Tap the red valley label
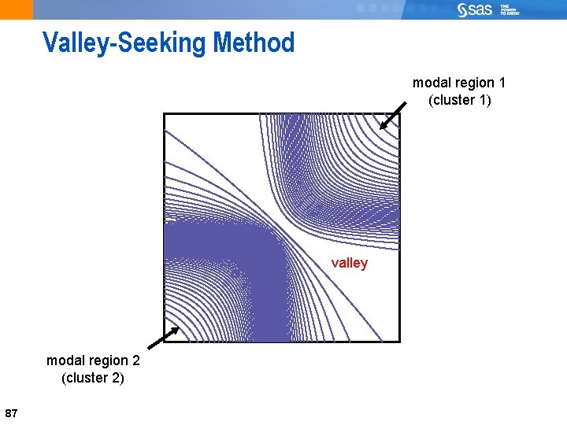coord(349,263)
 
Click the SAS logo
coord(475,9)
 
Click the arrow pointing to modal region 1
coord(392,115)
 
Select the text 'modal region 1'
coord(459,83)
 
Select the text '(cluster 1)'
coord(459,100)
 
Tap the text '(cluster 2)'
coord(92,378)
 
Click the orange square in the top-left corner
coord(17,9)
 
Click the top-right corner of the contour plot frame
coord(399,113)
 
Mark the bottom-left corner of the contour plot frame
coord(164,342)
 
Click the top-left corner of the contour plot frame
coord(164,113)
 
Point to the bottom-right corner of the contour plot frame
coord(399,342)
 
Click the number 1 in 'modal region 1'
coord(502,83)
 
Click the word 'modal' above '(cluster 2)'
coord(64,360)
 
